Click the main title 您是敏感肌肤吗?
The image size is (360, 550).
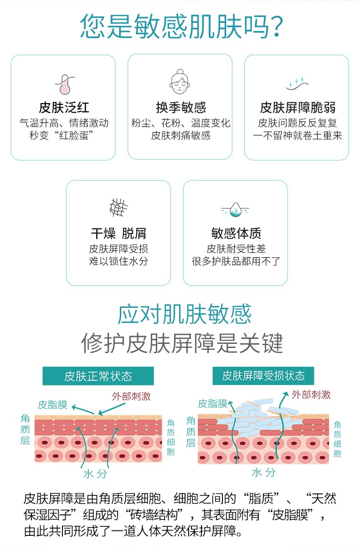[x=182, y=26]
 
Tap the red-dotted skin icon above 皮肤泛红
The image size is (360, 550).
[x=65, y=85]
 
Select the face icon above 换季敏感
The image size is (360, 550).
[x=180, y=82]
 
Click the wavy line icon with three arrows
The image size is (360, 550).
[x=297, y=83]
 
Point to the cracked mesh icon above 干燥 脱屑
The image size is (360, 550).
[x=118, y=208]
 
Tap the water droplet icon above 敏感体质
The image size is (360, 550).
[x=235, y=210]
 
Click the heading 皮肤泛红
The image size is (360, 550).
[x=64, y=108]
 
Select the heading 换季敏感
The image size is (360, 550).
[x=181, y=108]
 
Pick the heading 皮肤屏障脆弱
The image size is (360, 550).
[x=298, y=108]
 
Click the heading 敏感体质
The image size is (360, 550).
[x=236, y=233]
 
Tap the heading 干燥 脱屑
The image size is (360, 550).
[x=118, y=233]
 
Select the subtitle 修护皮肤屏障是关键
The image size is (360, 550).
[x=182, y=343]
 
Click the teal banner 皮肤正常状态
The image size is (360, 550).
[x=98, y=376]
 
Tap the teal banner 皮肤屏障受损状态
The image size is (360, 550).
[x=263, y=376]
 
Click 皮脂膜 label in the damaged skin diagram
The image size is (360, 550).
[x=212, y=404]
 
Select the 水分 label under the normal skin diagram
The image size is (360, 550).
[x=95, y=474]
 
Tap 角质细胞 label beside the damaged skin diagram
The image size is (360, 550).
[x=337, y=439]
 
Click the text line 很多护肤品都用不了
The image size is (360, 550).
[x=236, y=261]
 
